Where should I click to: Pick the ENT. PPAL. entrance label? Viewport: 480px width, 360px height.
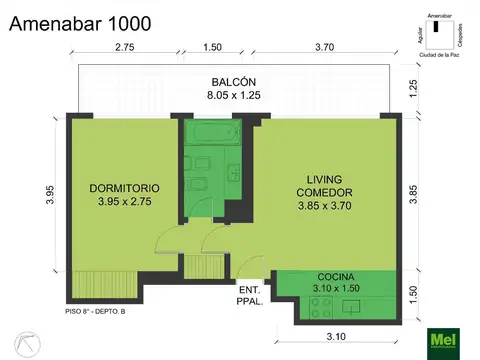250,295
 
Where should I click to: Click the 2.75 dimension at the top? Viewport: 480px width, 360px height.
125,47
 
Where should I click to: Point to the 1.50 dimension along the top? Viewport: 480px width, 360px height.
212,47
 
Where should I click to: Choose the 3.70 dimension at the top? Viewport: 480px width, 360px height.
324,47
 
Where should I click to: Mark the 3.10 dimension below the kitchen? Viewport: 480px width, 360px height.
337,337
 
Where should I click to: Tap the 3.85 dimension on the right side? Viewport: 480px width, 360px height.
413,192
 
